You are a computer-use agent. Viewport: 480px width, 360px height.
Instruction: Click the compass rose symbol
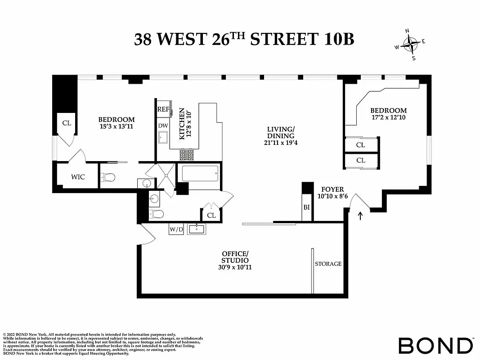pyautogui.click(x=410, y=44)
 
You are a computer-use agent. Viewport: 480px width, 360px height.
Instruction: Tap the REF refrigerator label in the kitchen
pyautogui.click(x=162, y=109)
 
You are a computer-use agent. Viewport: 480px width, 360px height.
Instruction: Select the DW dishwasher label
pyautogui.click(x=162, y=126)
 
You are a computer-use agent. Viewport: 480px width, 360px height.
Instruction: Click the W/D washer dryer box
pyautogui.click(x=176, y=229)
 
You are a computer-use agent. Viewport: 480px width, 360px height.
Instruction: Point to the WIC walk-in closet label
pyautogui.click(x=78, y=177)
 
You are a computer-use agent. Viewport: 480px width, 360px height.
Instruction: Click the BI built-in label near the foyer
pyautogui.click(x=307, y=207)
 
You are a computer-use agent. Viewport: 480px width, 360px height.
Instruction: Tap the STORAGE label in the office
pyautogui.click(x=328, y=264)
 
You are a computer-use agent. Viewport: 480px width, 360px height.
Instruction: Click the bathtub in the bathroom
pyautogui.click(x=198, y=173)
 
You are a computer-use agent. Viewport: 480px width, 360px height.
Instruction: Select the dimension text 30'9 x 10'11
pyautogui.click(x=235, y=267)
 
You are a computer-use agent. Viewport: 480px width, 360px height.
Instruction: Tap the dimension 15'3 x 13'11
pyautogui.click(x=117, y=126)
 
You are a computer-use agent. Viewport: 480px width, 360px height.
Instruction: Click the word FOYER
pyautogui.click(x=332, y=189)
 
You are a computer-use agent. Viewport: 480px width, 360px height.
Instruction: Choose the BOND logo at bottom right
pyautogui.click(x=435, y=345)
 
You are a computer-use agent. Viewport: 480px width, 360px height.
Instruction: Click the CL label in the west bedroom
pyautogui.click(x=67, y=123)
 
